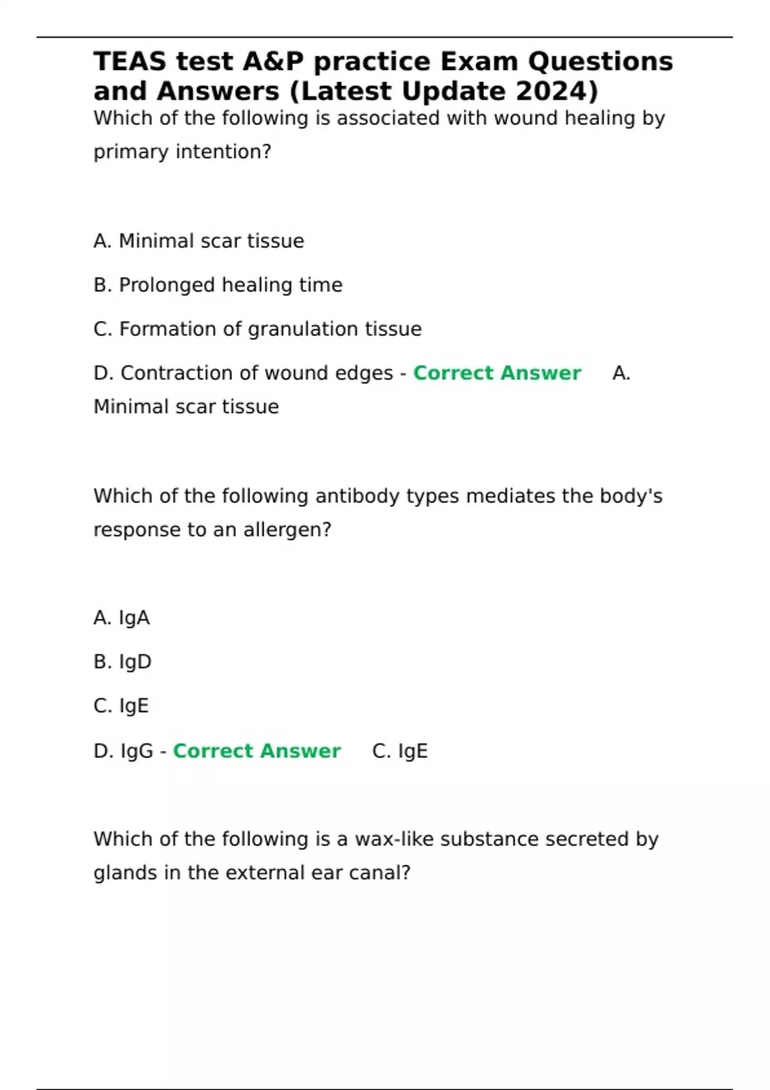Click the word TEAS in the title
coord(130,62)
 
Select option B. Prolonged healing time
coord(218,285)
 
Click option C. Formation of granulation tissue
coord(257,329)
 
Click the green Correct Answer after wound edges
coord(497,373)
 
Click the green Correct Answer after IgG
coord(257,751)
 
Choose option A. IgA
coord(121,618)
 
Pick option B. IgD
coord(122,662)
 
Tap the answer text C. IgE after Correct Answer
coord(400,751)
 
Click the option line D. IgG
coord(123,751)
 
